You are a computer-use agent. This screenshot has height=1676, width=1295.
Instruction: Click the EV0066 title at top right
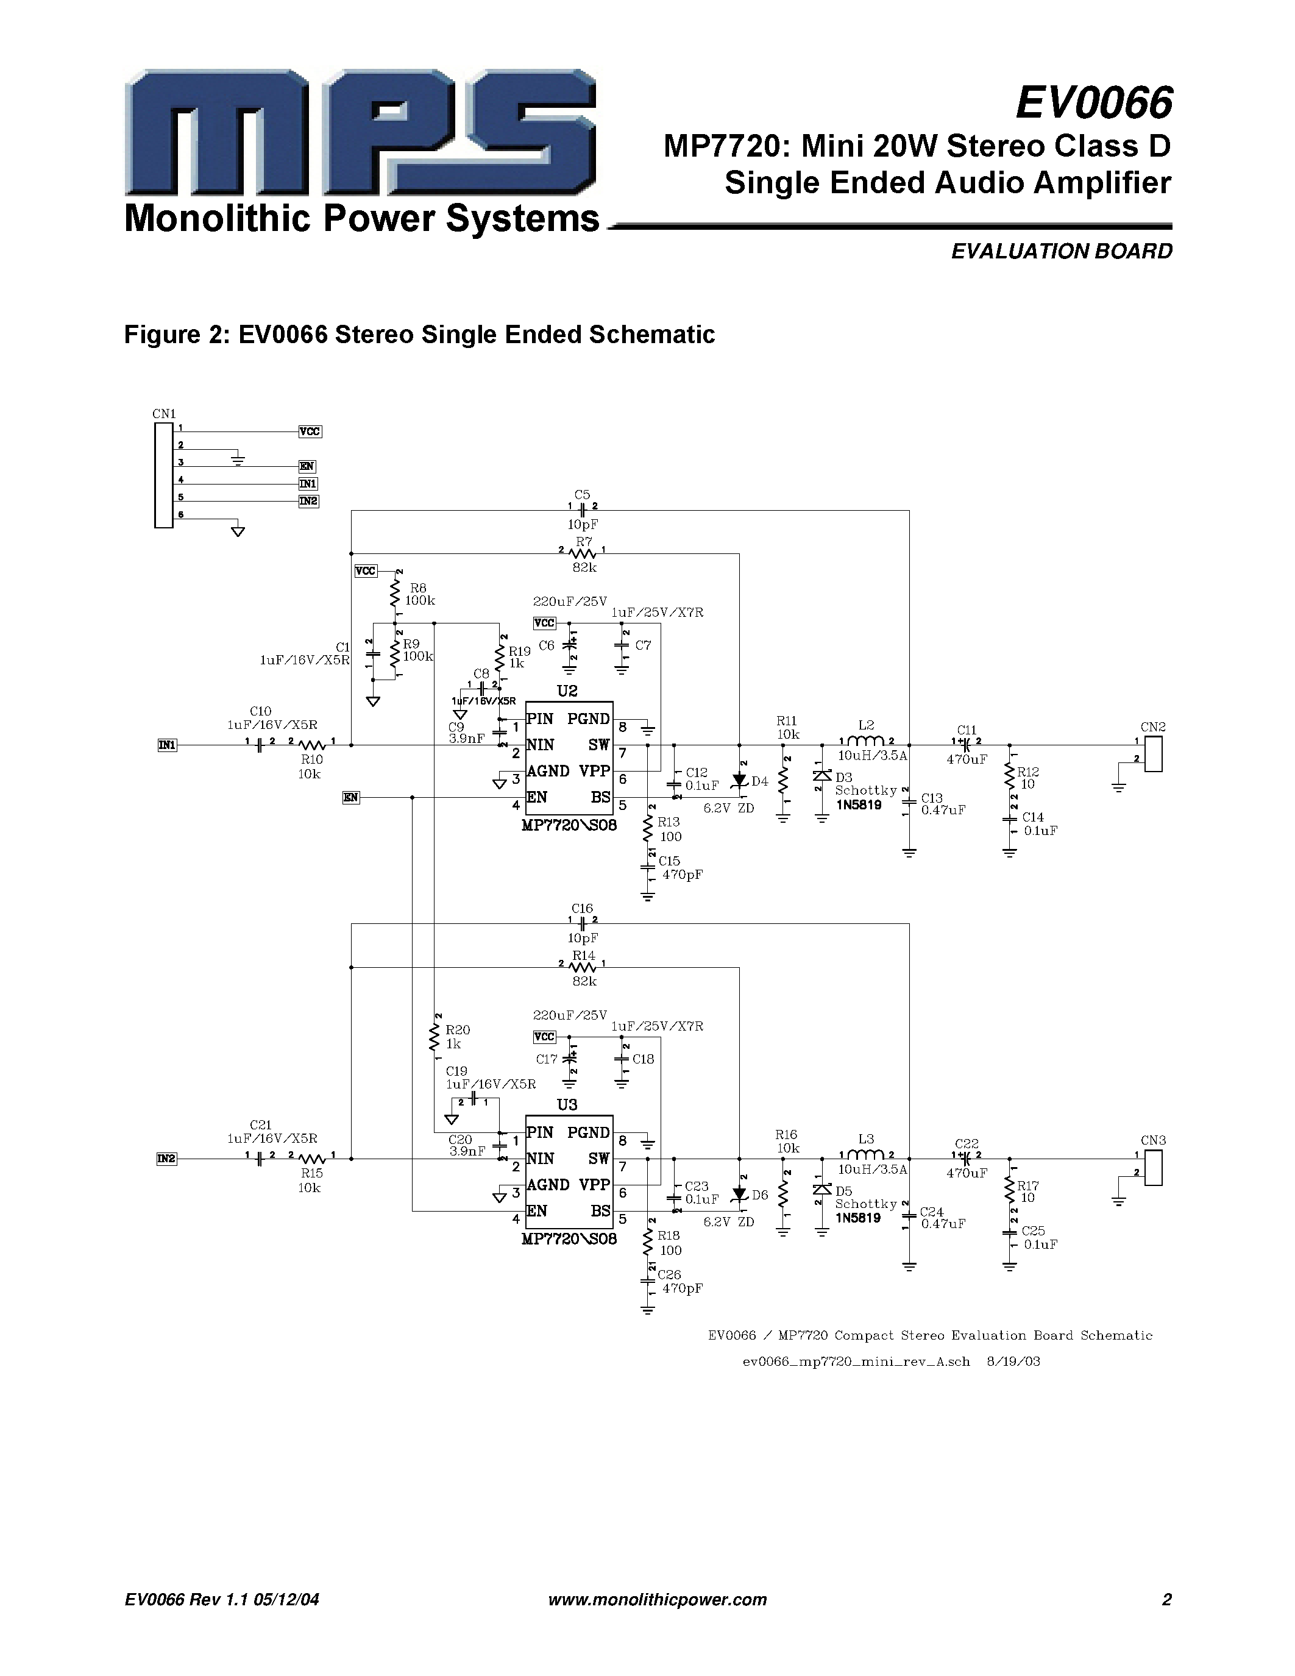click(x=1093, y=103)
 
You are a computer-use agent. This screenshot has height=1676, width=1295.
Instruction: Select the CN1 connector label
click(x=163, y=414)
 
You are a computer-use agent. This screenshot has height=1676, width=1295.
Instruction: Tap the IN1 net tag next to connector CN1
click(x=308, y=483)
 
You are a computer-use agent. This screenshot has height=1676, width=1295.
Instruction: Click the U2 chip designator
click(x=567, y=691)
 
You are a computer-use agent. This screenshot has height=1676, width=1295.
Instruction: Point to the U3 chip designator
click(x=567, y=1104)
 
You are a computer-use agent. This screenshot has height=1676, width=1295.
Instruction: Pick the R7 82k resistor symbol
click(x=584, y=553)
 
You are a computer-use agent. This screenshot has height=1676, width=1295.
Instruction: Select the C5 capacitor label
click(x=581, y=495)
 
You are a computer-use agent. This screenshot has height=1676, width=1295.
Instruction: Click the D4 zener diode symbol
click(x=740, y=781)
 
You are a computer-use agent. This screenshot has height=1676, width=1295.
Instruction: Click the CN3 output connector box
click(x=1153, y=1167)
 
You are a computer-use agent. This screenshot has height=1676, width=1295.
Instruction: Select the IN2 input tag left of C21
click(x=166, y=1159)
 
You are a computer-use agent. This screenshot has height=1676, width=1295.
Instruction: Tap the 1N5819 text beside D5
click(x=857, y=1218)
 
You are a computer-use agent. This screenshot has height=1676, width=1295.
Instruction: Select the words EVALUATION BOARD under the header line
click(x=1061, y=252)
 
